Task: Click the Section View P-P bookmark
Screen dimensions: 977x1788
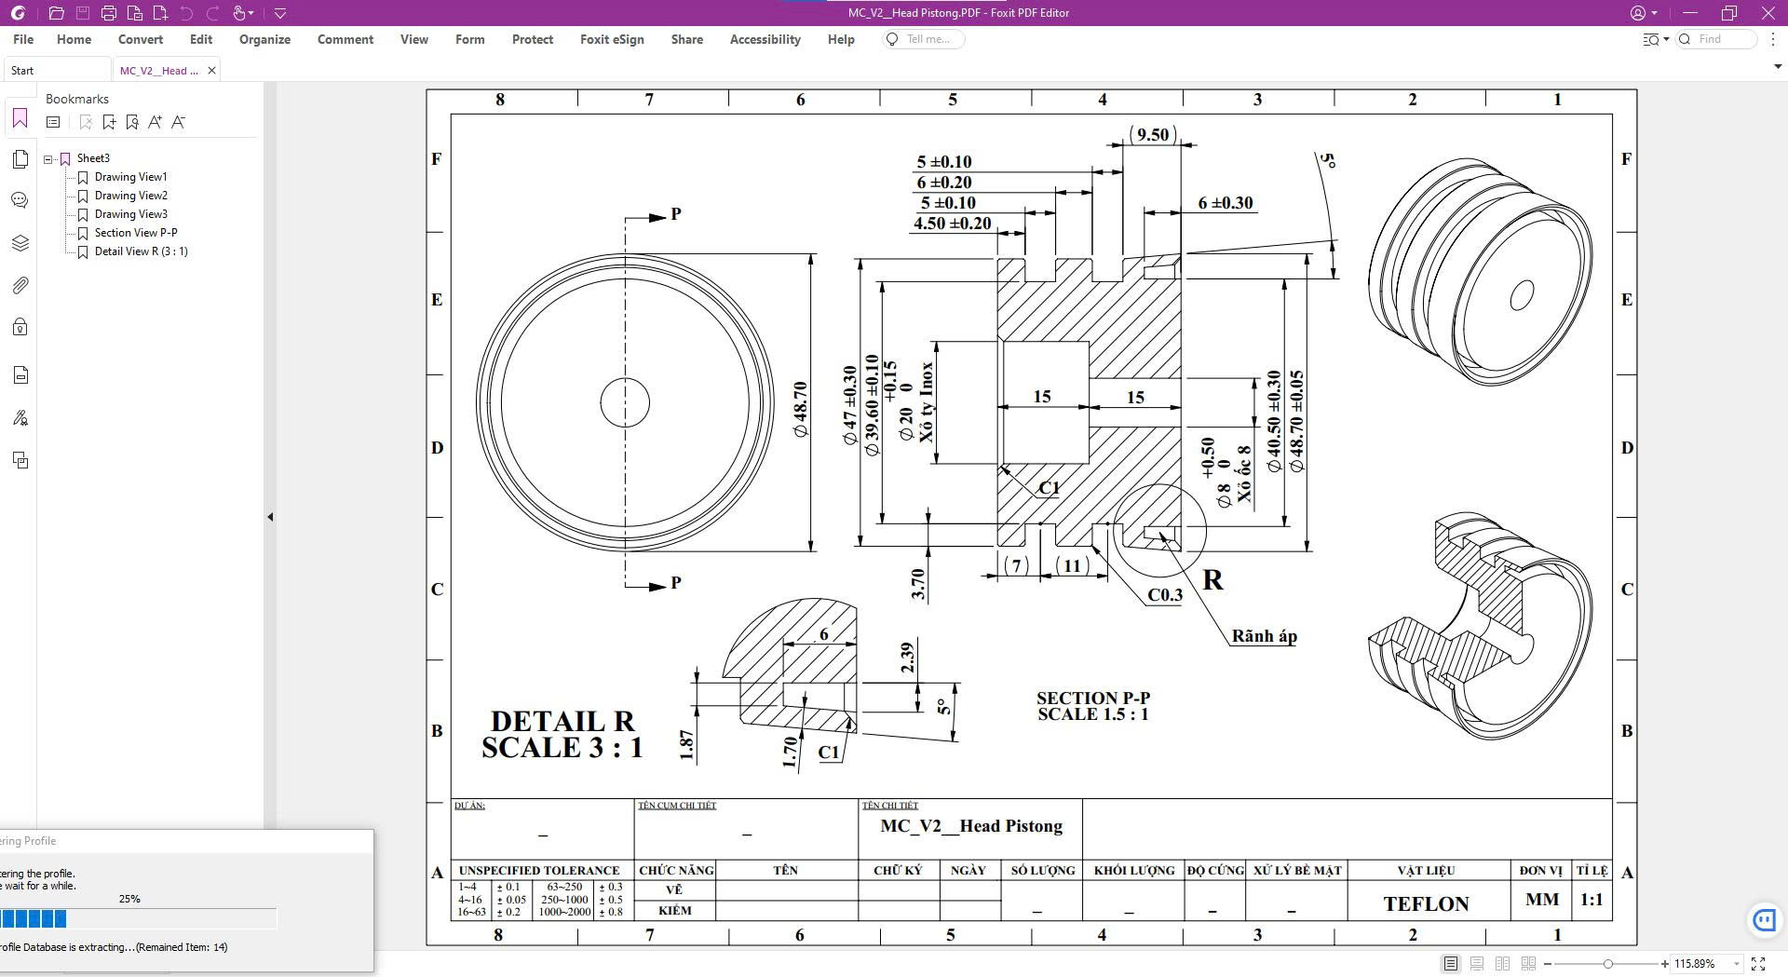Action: click(x=135, y=233)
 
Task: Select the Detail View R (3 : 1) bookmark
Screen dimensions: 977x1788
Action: click(x=141, y=251)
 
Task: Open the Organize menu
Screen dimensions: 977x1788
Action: click(x=264, y=39)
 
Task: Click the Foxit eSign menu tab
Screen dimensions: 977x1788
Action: click(x=612, y=39)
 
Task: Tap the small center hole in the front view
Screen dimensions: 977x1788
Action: click(x=625, y=402)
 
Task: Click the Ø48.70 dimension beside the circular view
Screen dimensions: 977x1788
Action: click(x=801, y=410)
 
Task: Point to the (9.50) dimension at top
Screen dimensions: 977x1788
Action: click(x=1152, y=135)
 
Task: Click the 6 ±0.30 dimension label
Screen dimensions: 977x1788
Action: click(x=1225, y=203)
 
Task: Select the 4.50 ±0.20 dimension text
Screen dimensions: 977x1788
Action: click(x=952, y=224)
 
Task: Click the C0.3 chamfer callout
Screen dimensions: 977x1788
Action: click(x=1165, y=595)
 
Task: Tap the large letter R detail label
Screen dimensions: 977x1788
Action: click(x=1212, y=580)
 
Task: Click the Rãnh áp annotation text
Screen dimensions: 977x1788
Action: click(x=1264, y=636)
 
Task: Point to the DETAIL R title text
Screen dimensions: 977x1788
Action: click(x=562, y=722)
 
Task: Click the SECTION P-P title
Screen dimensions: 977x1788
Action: click(x=1093, y=698)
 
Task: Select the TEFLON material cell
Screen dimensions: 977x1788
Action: click(x=1426, y=903)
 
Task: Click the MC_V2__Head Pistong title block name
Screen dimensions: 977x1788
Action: click(x=970, y=826)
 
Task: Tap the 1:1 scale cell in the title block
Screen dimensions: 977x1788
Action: click(x=1592, y=900)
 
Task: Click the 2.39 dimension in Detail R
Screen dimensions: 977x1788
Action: click(x=908, y=658)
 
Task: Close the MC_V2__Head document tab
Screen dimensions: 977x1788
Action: click(x=211, y=71)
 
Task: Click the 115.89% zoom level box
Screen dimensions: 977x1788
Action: click(x=1700, y=964)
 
